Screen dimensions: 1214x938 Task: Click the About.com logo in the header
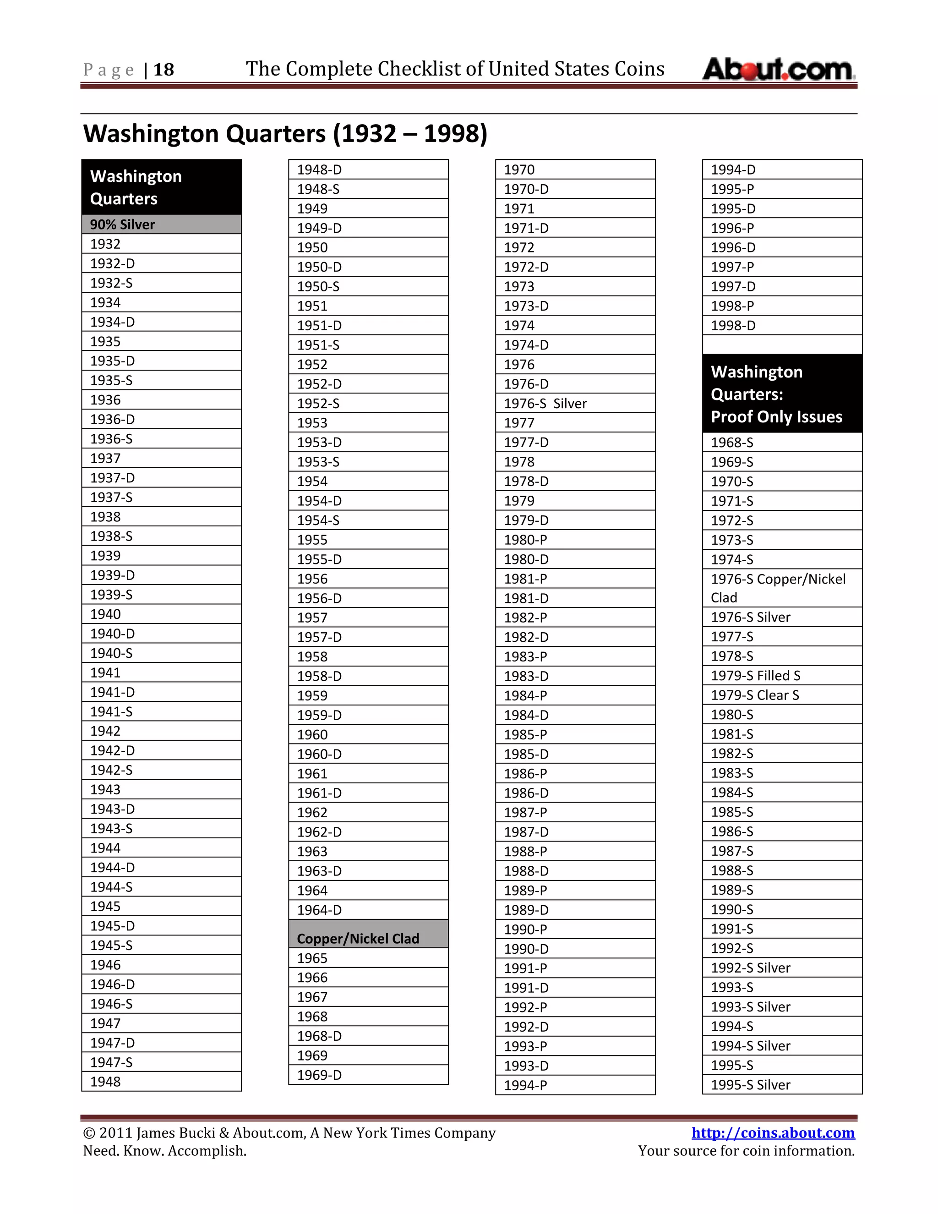(778, 70)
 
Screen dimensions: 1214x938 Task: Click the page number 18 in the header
(164, 70)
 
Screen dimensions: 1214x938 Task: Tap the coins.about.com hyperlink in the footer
(772, 1133)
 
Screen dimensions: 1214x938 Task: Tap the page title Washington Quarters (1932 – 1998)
(285, 134)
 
